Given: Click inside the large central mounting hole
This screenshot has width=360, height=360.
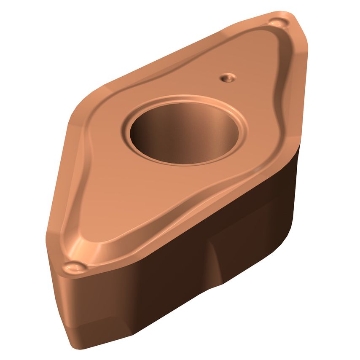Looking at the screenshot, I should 184,134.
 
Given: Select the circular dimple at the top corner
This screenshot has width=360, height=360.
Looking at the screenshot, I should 280,22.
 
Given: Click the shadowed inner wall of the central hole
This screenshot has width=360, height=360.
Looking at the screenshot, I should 169,126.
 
